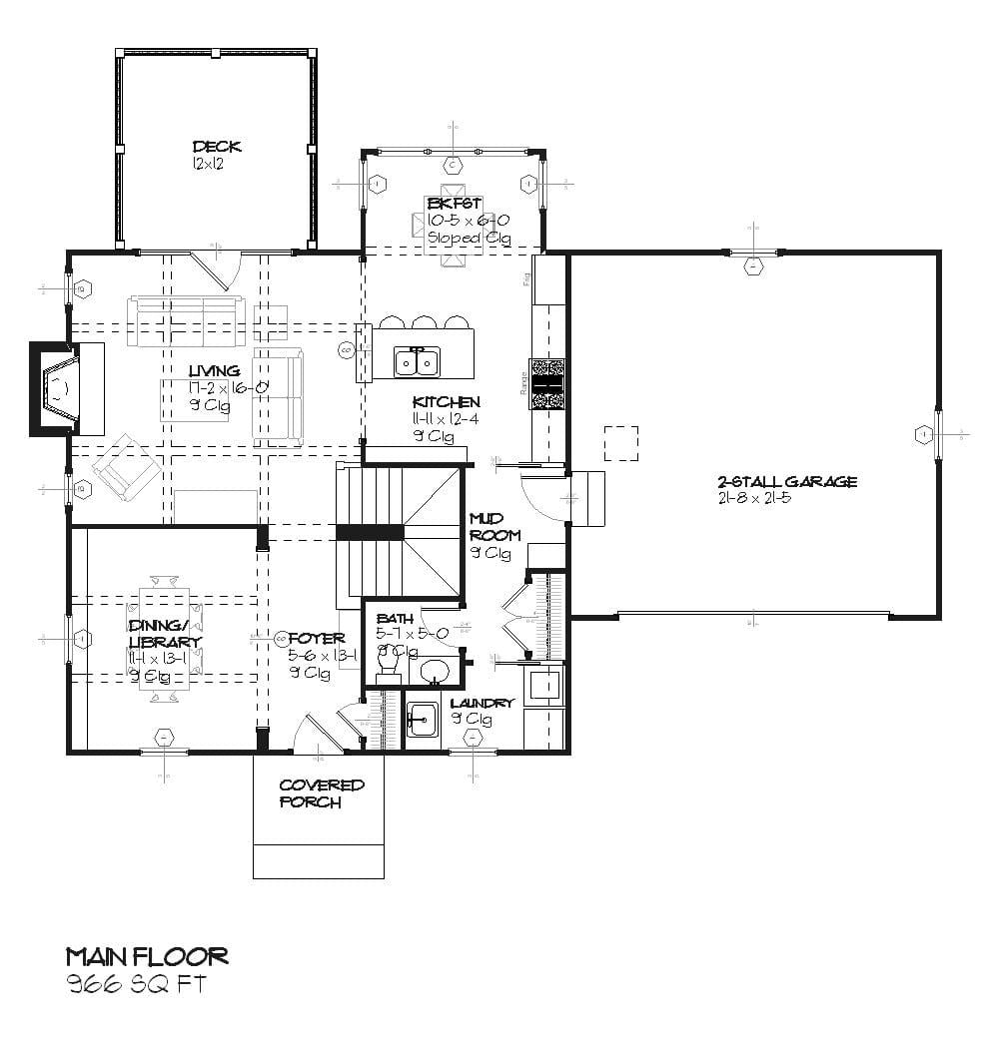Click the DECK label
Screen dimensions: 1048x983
tap(216, 147)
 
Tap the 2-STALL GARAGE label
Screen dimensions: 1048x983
tap(786, 481)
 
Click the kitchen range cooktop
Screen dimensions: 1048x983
tap(547, 383)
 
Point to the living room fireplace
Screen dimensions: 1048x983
tap(65, 388)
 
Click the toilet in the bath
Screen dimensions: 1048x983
tap(386, 666)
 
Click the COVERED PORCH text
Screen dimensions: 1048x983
tap(321, 793)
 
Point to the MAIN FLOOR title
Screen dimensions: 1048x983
tap(147, 956)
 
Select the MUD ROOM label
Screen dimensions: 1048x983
tap(494, 527)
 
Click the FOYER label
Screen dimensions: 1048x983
tap(317, 639)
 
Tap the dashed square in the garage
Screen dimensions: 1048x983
tap(620, 443)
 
